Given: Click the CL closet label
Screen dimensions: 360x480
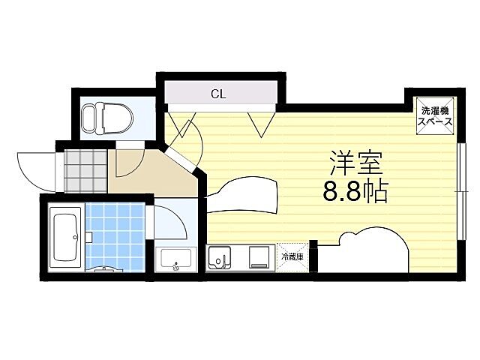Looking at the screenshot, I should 217,94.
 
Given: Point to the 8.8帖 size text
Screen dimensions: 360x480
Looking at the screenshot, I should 355,193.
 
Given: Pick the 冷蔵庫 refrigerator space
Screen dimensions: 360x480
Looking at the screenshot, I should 292,256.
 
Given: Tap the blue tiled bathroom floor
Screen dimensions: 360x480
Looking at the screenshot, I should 116,232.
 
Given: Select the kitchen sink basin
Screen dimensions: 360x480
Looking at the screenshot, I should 220,258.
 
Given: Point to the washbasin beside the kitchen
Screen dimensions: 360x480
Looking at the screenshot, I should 176,259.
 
